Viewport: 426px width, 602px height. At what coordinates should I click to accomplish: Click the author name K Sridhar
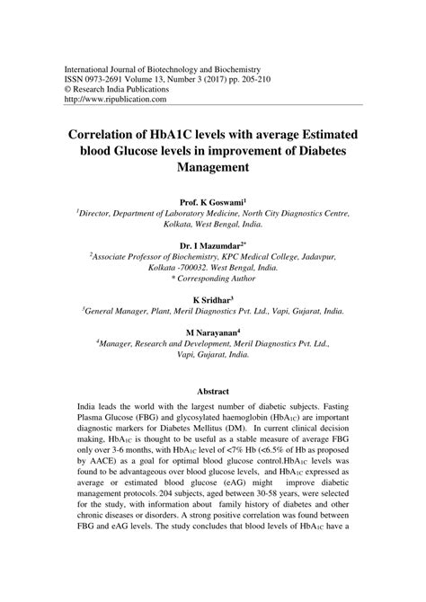pyautogui.click(x=212, y=298)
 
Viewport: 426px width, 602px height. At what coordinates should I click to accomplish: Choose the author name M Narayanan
pyautogui.click(x=212, y=332)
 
